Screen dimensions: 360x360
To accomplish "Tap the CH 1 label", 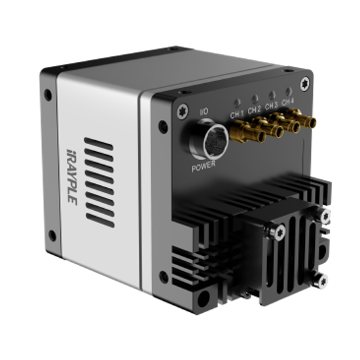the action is [x=237, y=114].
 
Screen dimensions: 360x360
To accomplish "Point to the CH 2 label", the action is [x=255, y=110].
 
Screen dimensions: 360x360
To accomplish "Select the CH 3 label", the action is [x=271, y=105].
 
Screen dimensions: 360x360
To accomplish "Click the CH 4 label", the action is [x=287, y=101].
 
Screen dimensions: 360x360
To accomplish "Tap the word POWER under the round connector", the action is [x=204, y=166].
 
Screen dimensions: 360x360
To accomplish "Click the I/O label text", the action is [x=204, y=111].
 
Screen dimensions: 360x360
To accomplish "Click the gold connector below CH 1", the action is [x=247, y=132].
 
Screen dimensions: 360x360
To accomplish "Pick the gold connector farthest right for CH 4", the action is [x=302, y=118].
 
